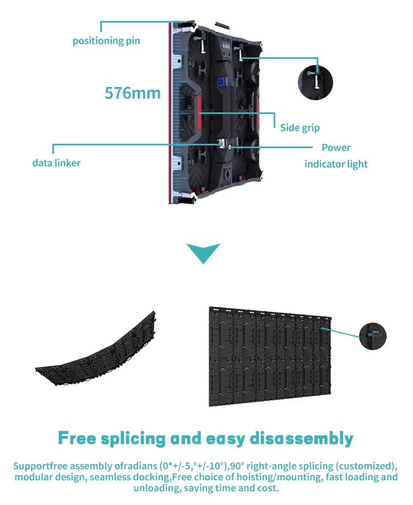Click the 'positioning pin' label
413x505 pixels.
pos(106,41)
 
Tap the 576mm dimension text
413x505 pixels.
pos(133,93)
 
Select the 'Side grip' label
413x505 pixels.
pos(300,128)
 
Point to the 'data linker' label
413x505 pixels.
pos(56,162)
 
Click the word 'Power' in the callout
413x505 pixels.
pos(336,148)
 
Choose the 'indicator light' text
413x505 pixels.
pos(336,164)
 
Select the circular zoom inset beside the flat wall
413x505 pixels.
pos(373,335)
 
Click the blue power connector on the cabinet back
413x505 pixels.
pos(221,82)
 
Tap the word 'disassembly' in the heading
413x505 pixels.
pos(301,439)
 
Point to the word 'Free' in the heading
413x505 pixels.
pos(77,439)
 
